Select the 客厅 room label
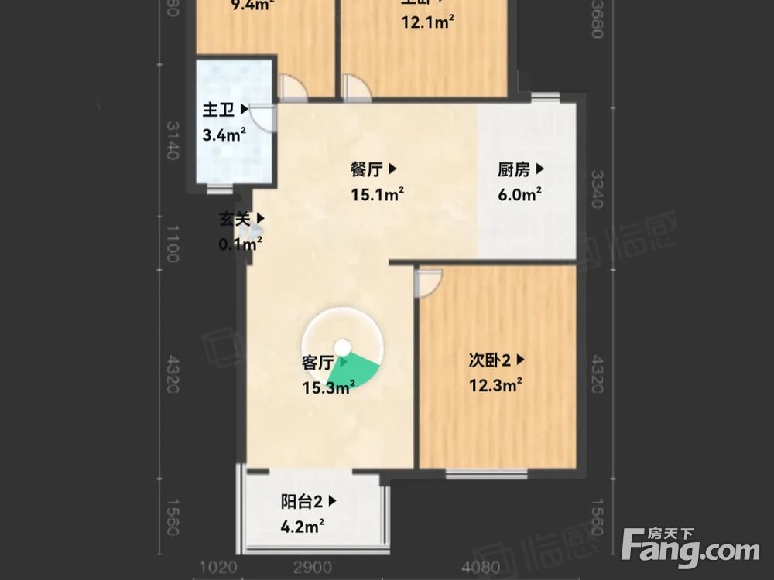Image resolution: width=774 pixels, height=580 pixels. pos(317,362)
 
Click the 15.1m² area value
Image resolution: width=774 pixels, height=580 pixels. pos(377,195)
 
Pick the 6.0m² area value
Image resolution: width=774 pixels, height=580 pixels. pos(519,195)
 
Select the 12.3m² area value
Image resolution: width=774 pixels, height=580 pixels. pos(495,384)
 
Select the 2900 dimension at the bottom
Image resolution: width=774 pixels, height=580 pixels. pos(313,568)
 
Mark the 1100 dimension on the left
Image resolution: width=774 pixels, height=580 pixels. pos(172,241)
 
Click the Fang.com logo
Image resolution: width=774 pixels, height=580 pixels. pos(690,547)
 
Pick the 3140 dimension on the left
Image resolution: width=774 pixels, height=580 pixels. pos(172,139)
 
